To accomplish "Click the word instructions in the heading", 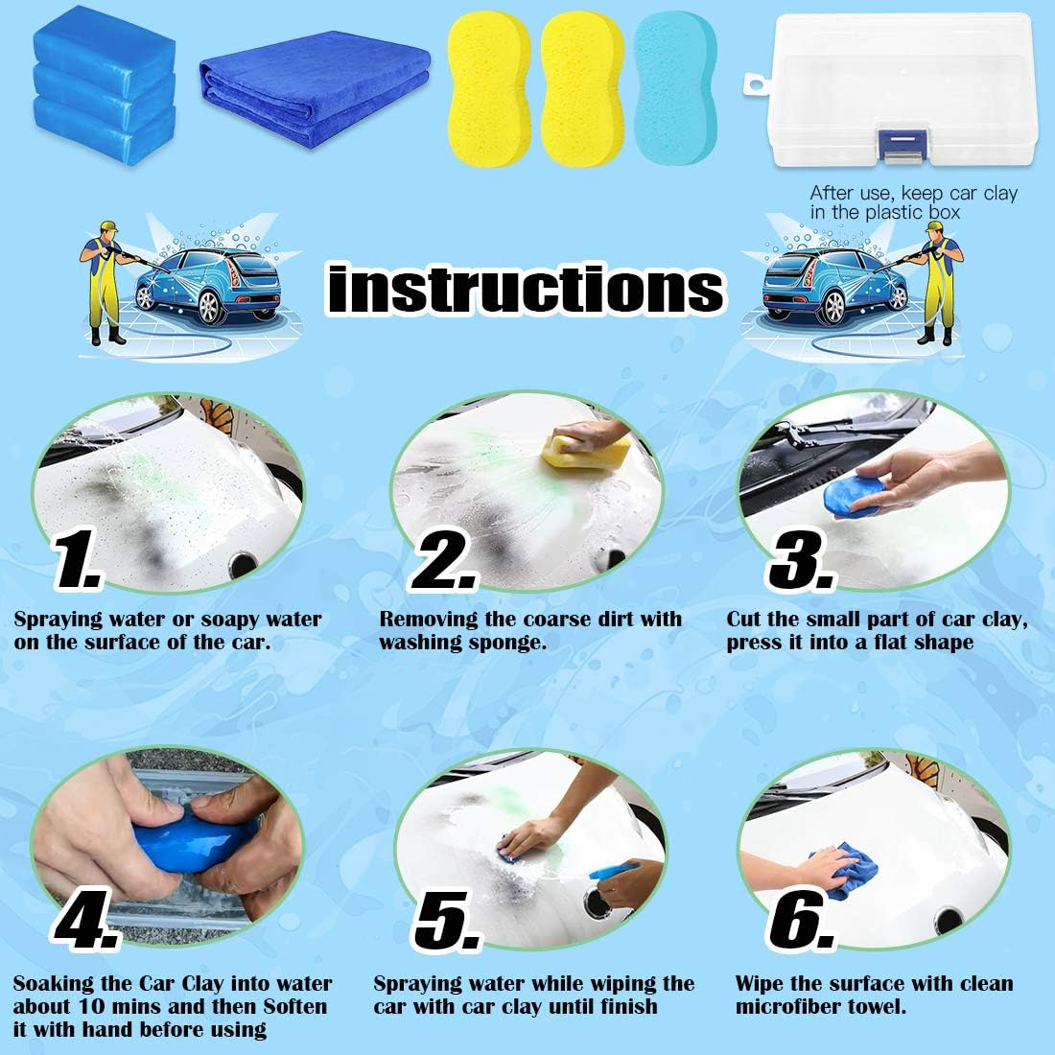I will (526, 287).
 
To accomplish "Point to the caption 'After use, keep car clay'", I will (913, 194).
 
